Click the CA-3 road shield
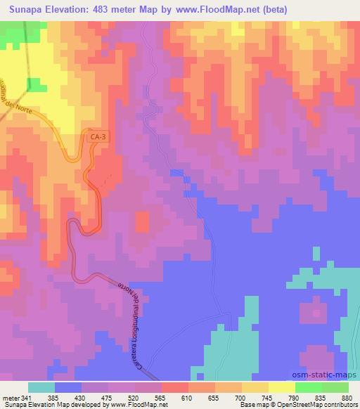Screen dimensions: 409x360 98,138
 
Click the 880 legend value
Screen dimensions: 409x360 347,398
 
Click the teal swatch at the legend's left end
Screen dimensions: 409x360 41,387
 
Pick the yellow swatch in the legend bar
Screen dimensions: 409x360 281,387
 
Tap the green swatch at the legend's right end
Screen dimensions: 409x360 335,387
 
